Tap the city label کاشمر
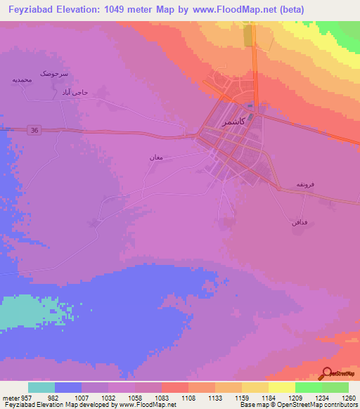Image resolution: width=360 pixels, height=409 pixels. [x=234, y=122]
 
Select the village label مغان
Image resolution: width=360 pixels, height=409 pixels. [x=156, y=157]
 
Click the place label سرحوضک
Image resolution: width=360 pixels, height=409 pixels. [x=54, y=73]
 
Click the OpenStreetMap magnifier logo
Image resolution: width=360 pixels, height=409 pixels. [x=326, y=375]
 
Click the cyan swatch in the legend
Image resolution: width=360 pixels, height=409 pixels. [x=41, y=387]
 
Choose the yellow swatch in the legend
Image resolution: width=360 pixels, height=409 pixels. [x=281, y=387]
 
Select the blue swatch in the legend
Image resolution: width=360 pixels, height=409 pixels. [x=68, y=387]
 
